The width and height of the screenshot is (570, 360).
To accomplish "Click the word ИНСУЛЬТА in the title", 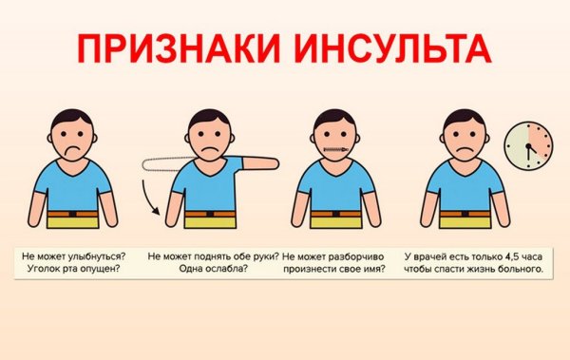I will [x=385, y=50].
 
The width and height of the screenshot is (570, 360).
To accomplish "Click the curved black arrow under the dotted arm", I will [x=153, y=199].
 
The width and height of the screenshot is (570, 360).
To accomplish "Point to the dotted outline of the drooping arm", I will [x=165, y=162].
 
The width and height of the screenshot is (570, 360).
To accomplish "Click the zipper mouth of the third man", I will [x=330, y=149].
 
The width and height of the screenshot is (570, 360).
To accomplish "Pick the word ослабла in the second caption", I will [x=216, y=270].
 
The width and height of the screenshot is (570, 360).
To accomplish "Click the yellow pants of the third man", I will [x=330, y=224].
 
